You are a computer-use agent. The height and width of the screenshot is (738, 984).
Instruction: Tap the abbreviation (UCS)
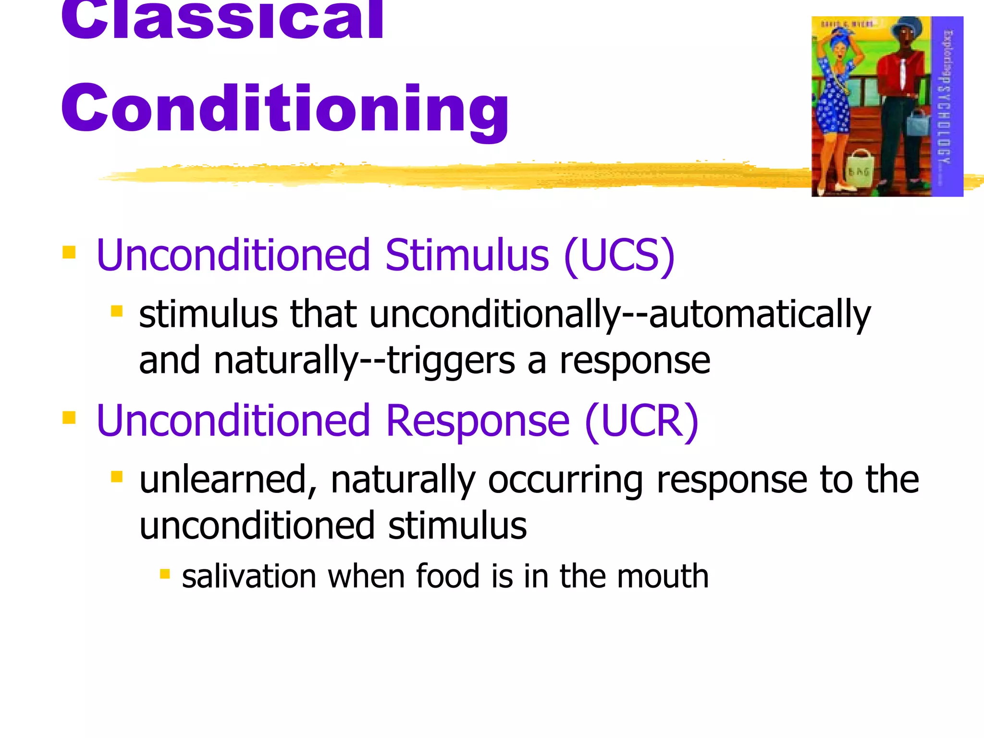click(619, 256)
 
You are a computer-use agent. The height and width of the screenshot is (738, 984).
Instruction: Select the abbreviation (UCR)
click(641, 421)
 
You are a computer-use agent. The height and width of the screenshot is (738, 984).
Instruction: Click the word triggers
click(451, 361)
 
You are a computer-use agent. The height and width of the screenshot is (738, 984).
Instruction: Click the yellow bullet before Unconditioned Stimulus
click(69, 252)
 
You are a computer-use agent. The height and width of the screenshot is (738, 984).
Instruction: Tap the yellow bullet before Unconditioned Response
click(69, 418)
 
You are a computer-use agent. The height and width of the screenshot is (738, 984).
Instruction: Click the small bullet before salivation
click(165, 574)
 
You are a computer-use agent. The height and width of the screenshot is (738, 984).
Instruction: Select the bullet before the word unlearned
click(117, 477)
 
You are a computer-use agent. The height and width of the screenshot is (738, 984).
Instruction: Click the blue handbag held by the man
click(918, 123)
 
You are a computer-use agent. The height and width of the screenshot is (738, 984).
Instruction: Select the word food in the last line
click(447, 576)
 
